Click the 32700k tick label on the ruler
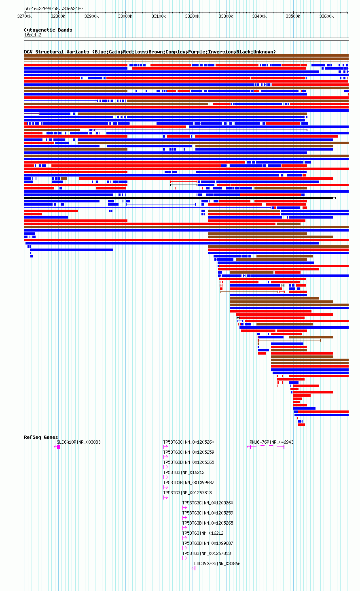[24, 16]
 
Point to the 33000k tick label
[125, 16]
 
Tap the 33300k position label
[226, 16]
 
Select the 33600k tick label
[326, 16]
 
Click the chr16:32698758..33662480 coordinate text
[53, 9]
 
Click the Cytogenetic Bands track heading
[48, 30]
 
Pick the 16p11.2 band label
[33, 35]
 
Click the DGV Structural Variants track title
[57, 52]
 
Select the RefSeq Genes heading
[41, 437]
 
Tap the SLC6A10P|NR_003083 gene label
[78, 442]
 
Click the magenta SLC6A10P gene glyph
[57, 447]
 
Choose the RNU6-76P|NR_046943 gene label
[271, 442]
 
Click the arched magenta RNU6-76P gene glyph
[267, 445]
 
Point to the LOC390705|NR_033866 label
[217, 563]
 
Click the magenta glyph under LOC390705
[193, 568]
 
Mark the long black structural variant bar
[180, 198]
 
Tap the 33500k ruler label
[293, 16]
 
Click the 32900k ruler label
[91, 16]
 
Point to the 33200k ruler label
[192, 16]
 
